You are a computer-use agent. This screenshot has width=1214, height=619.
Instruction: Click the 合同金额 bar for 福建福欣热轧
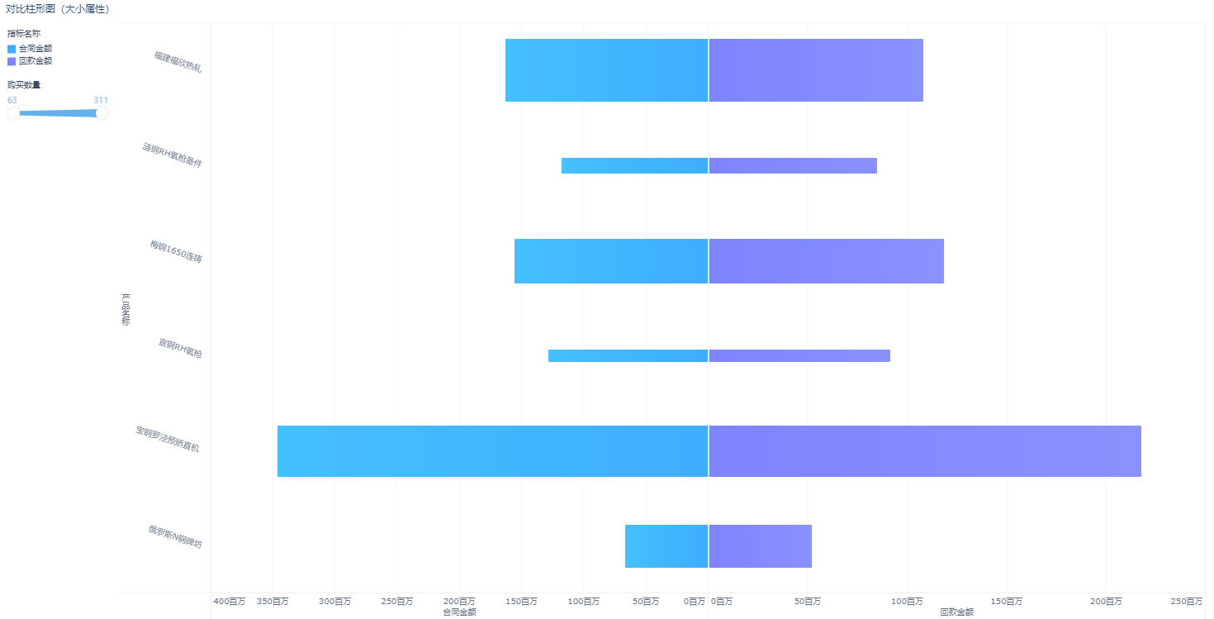[x=606, y=70]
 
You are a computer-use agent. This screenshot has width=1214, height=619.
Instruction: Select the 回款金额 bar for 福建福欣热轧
[x=815, y=70]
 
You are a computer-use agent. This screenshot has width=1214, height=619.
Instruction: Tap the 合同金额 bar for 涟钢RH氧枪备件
[x=634, y=165]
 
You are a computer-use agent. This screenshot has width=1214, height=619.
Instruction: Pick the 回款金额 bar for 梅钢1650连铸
[x=826, y=261]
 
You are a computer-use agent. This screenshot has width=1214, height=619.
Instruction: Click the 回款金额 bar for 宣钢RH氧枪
[x=799, y=355]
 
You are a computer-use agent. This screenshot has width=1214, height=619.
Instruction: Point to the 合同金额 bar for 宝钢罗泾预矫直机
[x=492, y=451]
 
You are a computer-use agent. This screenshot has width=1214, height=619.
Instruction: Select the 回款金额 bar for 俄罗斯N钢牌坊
[x=760, y=546]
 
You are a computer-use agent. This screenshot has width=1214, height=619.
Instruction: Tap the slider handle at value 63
[x=13, y=113]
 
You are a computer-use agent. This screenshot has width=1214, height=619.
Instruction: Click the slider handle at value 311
[x=102, y=113]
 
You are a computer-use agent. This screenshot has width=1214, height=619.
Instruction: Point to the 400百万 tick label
[x=229, y=602]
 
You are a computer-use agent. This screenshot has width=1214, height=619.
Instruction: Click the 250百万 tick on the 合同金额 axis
[x=396, y=602]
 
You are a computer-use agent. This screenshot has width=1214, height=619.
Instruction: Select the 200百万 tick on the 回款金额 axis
[x=1105, y=602]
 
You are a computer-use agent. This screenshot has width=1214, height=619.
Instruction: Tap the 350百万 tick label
[x=273, y=602]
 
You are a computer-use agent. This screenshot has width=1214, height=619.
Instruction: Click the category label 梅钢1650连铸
[x=176, y=251]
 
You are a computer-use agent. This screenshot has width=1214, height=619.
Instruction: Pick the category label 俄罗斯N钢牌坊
[x=174, y=536]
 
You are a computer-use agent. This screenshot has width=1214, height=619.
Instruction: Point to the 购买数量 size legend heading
[x=24, y=84]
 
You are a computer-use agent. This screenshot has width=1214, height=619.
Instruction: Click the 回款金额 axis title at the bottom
[x=956, y=612]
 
